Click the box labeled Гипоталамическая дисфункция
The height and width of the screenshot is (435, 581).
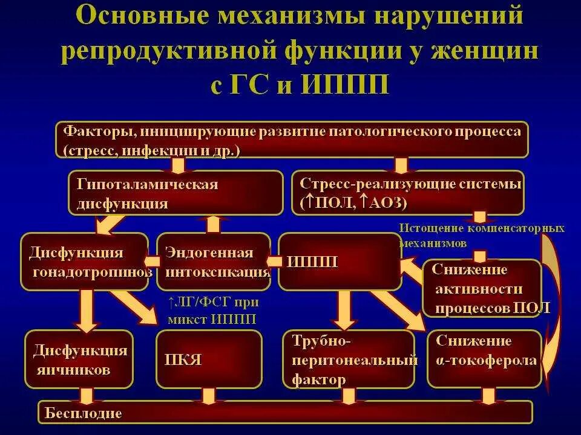(x=176, y=193)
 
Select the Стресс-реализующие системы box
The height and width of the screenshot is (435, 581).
(x=409, y=193)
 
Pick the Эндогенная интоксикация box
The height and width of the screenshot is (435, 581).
(x=213, y=262)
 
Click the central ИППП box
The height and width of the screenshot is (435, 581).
(x=339, y=262)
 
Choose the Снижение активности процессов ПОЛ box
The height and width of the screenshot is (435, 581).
(x=481, y=289)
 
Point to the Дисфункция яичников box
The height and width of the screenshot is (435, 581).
(x=79, y=359)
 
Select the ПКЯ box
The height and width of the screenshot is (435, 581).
(x=209, y=359)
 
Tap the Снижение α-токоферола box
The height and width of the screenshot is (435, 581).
(x=484, y=359)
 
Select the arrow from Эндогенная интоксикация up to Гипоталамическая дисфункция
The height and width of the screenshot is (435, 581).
(x=213, y=224)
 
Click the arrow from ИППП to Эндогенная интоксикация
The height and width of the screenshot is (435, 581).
(x=274, y=262)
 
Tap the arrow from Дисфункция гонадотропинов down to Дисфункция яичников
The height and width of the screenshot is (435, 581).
(x=86, y=311)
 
